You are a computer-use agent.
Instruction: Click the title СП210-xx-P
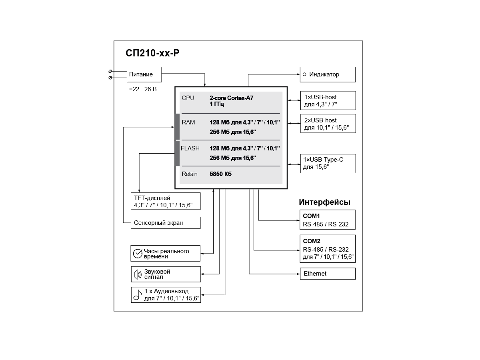[x=152, y=53]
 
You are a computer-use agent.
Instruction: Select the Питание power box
[x=144, y=74]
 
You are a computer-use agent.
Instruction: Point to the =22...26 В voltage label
[x=143, y=89]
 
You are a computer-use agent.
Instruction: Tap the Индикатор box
[x=328, y=74]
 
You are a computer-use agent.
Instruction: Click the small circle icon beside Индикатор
[x=304, y=74]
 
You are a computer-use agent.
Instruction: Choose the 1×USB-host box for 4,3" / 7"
[x=328, y=100]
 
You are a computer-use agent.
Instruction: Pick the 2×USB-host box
[x=328, y=124]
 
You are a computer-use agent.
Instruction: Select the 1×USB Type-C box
[x=328, y=164]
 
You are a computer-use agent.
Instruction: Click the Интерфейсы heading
[x=324, y=202]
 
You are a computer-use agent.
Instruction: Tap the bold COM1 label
[x=311, y=216]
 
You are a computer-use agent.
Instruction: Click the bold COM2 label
[x=311, y=241]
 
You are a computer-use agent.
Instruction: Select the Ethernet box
[x=328, y=274]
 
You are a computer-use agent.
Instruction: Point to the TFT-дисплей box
[x=166, y=201]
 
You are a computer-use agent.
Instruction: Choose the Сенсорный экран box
[x=166, y=223]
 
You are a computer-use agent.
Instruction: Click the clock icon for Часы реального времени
[x=138, y=254]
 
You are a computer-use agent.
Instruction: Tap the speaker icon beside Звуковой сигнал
[x=138, y=274]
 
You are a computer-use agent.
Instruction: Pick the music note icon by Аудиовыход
[x=138, y=295]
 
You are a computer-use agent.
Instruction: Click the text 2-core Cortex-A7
[x=231, y=98]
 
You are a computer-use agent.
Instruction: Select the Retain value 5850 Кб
[x=220, y=174]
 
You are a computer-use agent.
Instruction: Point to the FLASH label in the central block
[x=190, y=148]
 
